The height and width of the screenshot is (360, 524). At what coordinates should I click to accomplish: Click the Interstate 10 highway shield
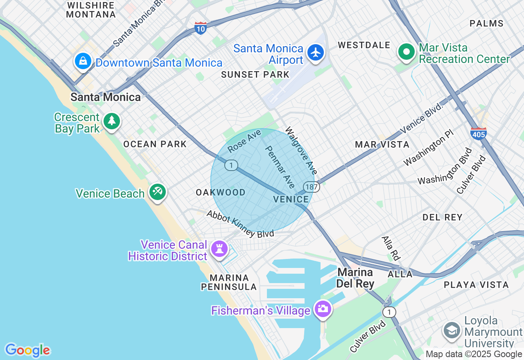(200, 28)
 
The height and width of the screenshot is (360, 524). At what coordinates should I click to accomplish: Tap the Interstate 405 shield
(478, 133)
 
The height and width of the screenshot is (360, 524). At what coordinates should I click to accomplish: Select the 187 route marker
(312, 187)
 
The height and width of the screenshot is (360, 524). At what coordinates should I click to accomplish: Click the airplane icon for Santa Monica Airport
(315, 53)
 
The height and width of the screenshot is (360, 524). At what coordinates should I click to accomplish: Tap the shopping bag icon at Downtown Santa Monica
(83, 61)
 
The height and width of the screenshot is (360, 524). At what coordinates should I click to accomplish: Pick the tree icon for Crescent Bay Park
(111, 121)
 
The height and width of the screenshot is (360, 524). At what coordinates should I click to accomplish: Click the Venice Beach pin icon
(157, 191)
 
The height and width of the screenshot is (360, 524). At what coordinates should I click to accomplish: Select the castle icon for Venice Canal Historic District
(219, 248)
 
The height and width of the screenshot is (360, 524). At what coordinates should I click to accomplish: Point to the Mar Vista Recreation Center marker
(406, 52)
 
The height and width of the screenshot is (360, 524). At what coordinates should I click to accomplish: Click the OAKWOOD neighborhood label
(221, 192)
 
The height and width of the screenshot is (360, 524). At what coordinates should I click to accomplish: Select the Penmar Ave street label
(280, 167)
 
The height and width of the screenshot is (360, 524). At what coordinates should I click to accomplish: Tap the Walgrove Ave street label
(301, 151)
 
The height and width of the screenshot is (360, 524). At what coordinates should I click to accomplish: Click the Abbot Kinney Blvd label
(240, 224)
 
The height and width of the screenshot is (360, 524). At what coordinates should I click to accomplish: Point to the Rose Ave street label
(244, 141)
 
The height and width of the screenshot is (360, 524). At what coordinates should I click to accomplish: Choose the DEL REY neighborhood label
(443, 217)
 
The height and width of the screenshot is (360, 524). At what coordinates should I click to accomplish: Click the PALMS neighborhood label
(486, 23)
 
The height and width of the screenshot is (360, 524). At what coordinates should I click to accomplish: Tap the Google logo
(27, 350)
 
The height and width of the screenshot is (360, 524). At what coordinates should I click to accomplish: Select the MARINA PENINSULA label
(229, 282)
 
